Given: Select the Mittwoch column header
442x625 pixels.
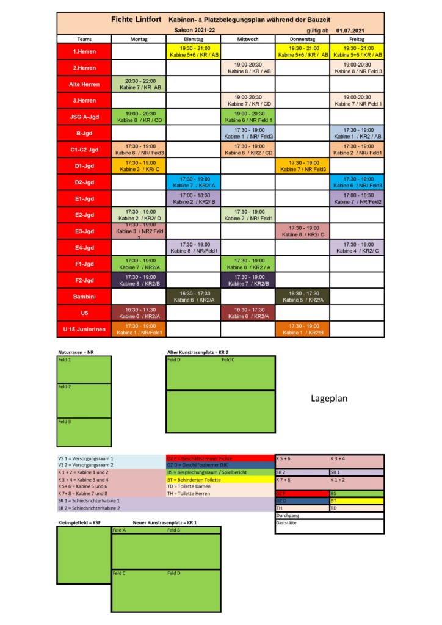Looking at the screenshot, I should (247, 38).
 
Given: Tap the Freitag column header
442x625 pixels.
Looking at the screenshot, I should (357, 38).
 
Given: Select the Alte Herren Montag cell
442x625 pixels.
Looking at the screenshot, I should (139, 84).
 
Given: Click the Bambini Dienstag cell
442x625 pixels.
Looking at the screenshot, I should (193, 297).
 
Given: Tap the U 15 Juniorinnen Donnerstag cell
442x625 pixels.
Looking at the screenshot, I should (302, 330).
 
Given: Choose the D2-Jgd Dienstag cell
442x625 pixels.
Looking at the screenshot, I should (193, 182).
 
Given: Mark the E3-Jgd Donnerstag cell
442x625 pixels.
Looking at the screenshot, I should (302, 231).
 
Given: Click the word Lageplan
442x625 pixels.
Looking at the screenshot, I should (329, 398).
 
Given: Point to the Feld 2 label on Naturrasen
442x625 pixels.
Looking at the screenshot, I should (65, 387).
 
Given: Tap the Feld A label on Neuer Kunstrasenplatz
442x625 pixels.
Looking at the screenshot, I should (120, 530).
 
